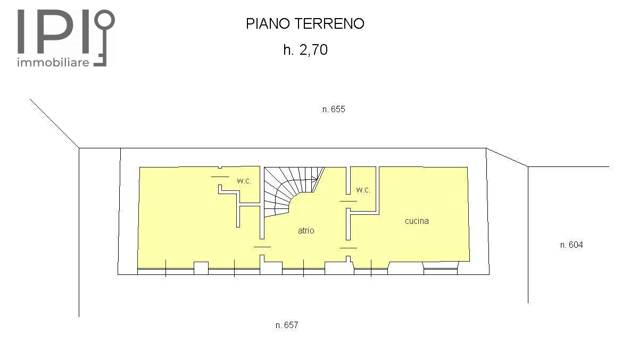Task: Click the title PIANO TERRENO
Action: (305, 24)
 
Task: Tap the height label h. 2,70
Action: (305, 50)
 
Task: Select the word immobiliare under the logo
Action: (53, 62)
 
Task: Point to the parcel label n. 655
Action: (334, 109)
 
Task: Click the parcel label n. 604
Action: (571, 245)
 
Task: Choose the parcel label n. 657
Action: (287, 325)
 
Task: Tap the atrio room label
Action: (306, 230)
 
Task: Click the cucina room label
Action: (417, 221)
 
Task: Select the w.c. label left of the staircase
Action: (244, 181)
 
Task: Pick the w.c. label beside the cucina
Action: (363, 190)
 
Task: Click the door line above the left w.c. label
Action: (220, 177)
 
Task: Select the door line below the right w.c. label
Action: (349, 201)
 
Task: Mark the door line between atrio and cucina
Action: (349, 248)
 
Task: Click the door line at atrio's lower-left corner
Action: (262, 247)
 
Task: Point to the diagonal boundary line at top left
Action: (55, 123)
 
